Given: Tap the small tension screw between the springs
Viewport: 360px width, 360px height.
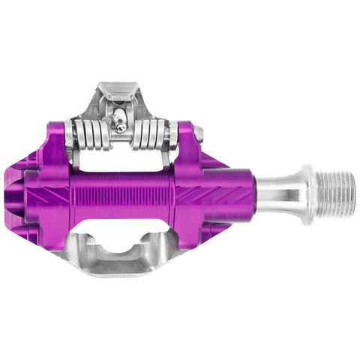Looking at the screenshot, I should [x=121, y=127].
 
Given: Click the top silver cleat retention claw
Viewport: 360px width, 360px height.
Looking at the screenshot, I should [x=120, y=97].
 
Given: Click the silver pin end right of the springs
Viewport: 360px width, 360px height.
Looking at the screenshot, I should [x=198, y=135].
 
